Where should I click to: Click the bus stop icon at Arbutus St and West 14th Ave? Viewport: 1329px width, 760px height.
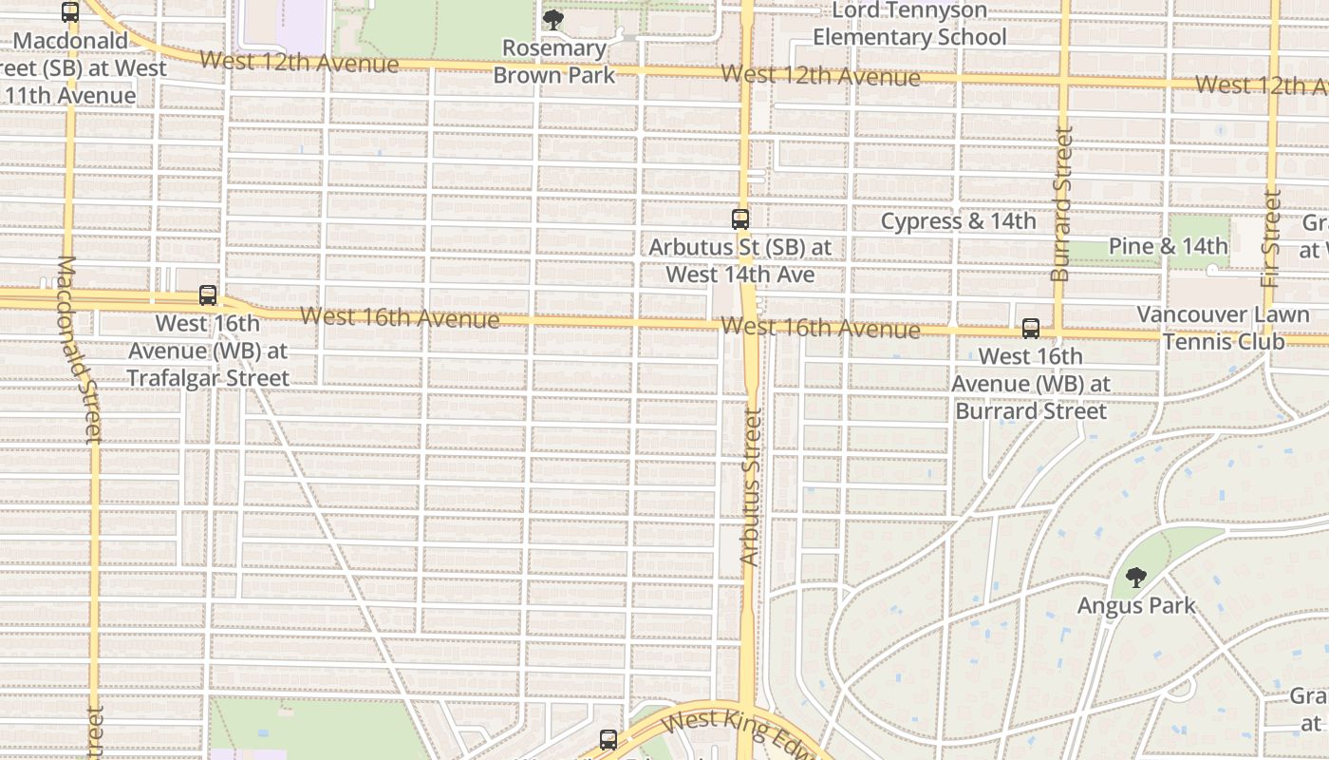click(740, 219)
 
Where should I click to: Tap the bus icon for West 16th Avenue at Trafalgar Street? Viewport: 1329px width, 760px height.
click(208, 295)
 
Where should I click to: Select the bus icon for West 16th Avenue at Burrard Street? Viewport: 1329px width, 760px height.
click(1031, 330)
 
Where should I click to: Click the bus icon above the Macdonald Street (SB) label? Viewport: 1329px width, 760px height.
click(70, 12)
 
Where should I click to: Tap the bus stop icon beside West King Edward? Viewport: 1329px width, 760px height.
click(608, 739)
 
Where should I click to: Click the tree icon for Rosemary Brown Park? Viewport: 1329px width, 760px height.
click(552, 20)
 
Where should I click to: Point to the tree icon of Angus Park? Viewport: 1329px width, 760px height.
click(1135, 578)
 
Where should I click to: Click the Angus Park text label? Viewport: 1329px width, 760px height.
click(1136, 605)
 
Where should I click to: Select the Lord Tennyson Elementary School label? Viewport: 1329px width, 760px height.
click(908, 25)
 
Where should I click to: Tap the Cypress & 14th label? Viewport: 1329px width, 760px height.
click(958, 221)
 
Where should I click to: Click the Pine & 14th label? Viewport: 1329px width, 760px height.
click(1168, 246)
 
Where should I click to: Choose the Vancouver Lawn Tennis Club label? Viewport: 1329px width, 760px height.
click(1223, 328)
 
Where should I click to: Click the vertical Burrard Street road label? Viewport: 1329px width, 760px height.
click(1061, 204)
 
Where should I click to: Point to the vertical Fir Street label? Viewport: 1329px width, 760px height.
click(1271, 238)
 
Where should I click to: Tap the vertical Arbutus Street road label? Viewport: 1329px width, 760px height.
click(750, 487)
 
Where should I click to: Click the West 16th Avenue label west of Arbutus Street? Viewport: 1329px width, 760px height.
click(400, 317)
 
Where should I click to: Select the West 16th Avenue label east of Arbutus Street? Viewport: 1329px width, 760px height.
click(819, 329)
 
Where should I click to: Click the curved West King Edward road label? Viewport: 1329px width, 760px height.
click(740, 732)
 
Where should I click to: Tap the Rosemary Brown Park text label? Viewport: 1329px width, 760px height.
click(554, 61)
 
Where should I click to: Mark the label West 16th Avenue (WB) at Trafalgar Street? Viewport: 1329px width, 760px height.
click(208, 351)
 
